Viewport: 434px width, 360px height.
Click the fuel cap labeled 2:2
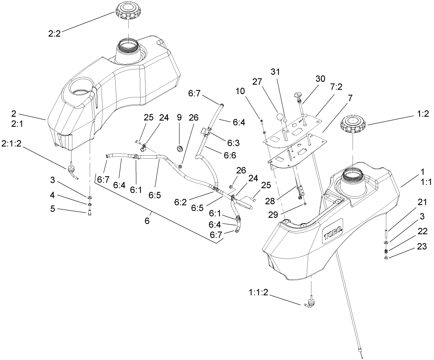128,9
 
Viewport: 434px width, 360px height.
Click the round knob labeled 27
280,117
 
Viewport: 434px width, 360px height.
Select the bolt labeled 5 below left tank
90,212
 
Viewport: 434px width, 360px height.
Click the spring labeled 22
386,251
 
